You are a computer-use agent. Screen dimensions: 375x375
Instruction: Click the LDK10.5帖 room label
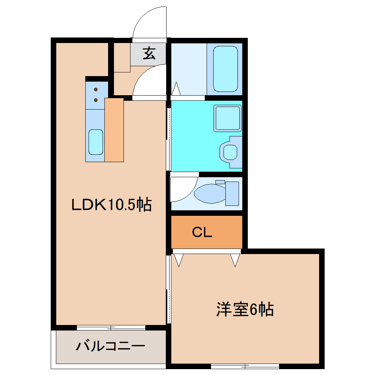coord(111,204)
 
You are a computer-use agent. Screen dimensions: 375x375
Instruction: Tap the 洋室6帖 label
coord(245,310)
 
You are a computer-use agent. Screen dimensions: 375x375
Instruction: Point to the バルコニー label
coord(110,346)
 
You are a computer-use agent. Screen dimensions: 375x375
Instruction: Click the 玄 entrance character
coord(149,54)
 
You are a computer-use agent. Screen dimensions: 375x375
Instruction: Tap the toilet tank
coord(232,193)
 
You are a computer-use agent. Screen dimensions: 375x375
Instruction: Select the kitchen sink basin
coord(96,142)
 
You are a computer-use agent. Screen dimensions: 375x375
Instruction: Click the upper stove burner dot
coord(96,89)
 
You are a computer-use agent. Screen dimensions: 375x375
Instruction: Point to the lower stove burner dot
coord(96,100)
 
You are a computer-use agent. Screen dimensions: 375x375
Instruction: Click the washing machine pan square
coord(228,118)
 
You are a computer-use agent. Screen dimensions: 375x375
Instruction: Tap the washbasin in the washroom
coord(230,151)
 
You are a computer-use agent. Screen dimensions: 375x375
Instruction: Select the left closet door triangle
coord(179,260)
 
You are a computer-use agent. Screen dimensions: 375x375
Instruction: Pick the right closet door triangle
coord(235,260)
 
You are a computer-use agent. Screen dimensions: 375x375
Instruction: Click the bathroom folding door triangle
coord(176,89)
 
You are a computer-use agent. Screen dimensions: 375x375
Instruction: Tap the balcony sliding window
coord(111,328)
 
